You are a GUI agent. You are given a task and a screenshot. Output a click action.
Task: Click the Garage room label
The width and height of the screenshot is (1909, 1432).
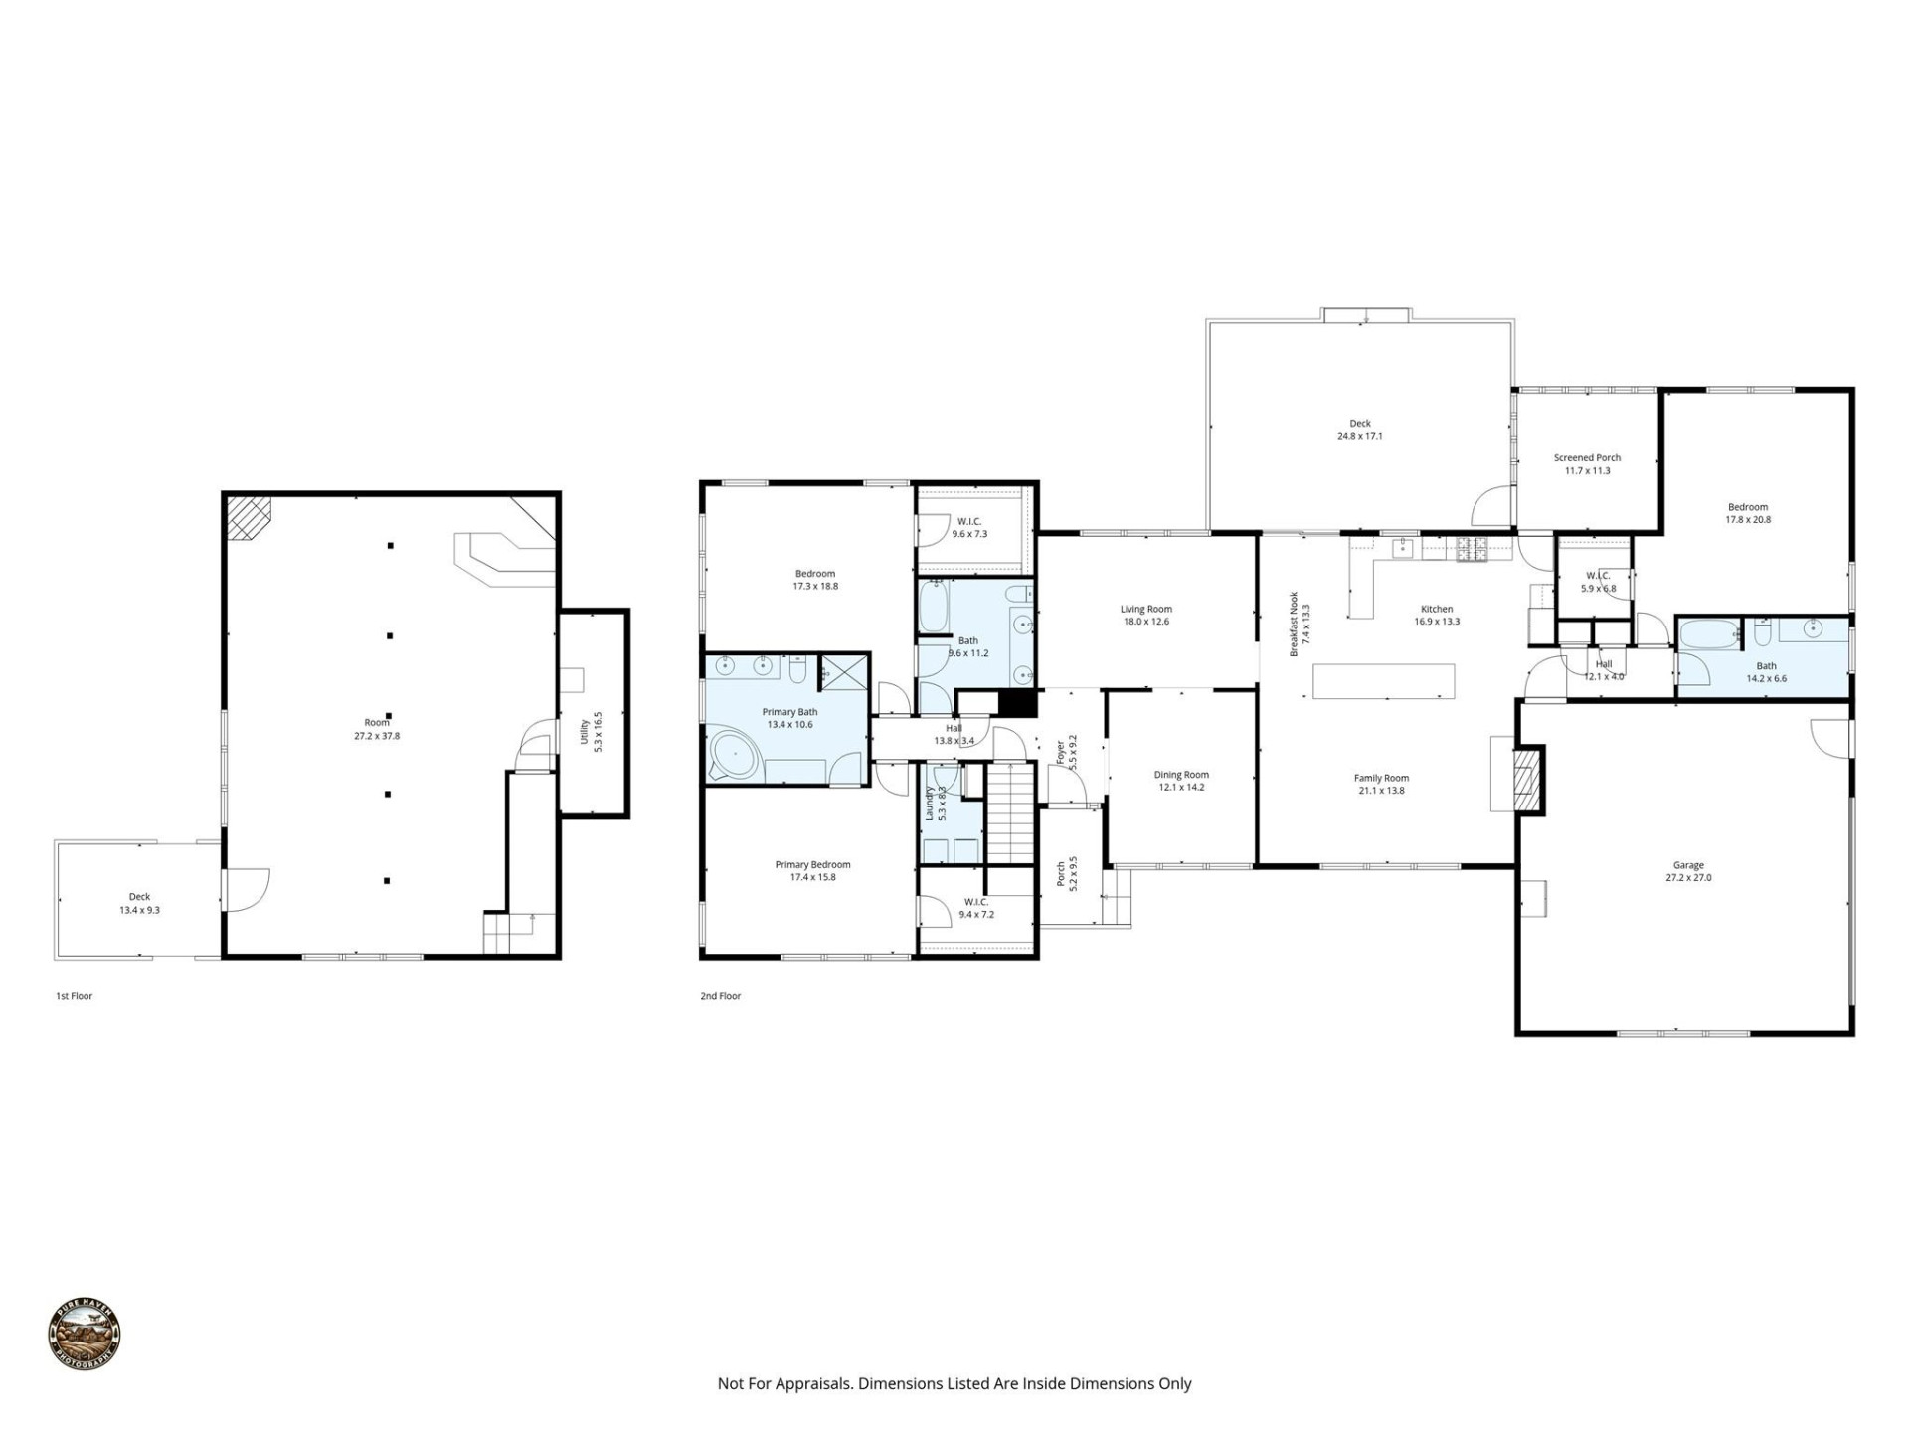1688,865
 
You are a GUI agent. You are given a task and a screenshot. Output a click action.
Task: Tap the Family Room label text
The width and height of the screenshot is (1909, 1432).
1381,778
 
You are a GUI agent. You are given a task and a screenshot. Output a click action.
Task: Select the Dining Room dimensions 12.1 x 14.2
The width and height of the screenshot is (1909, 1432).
1181,787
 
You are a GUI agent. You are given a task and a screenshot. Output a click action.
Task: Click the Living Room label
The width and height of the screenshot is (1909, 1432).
1145,609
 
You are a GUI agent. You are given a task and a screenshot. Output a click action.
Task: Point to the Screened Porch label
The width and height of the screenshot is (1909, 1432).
1587,458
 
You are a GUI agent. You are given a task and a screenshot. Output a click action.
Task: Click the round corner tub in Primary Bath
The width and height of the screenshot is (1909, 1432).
734,756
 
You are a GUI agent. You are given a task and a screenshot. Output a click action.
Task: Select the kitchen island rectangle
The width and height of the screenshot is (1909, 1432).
1383,681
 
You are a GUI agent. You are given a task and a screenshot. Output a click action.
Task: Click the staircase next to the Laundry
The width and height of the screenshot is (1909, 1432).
1011,812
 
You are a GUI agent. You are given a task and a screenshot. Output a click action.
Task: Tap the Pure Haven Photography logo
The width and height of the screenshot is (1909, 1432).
85,1336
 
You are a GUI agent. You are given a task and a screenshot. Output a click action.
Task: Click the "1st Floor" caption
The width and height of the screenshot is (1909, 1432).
74,995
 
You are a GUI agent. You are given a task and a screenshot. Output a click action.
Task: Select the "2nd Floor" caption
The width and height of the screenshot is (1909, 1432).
720,995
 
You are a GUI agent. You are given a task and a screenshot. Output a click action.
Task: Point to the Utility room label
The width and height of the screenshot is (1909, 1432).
585,731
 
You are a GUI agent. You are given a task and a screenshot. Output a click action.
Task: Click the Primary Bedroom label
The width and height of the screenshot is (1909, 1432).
812,864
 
